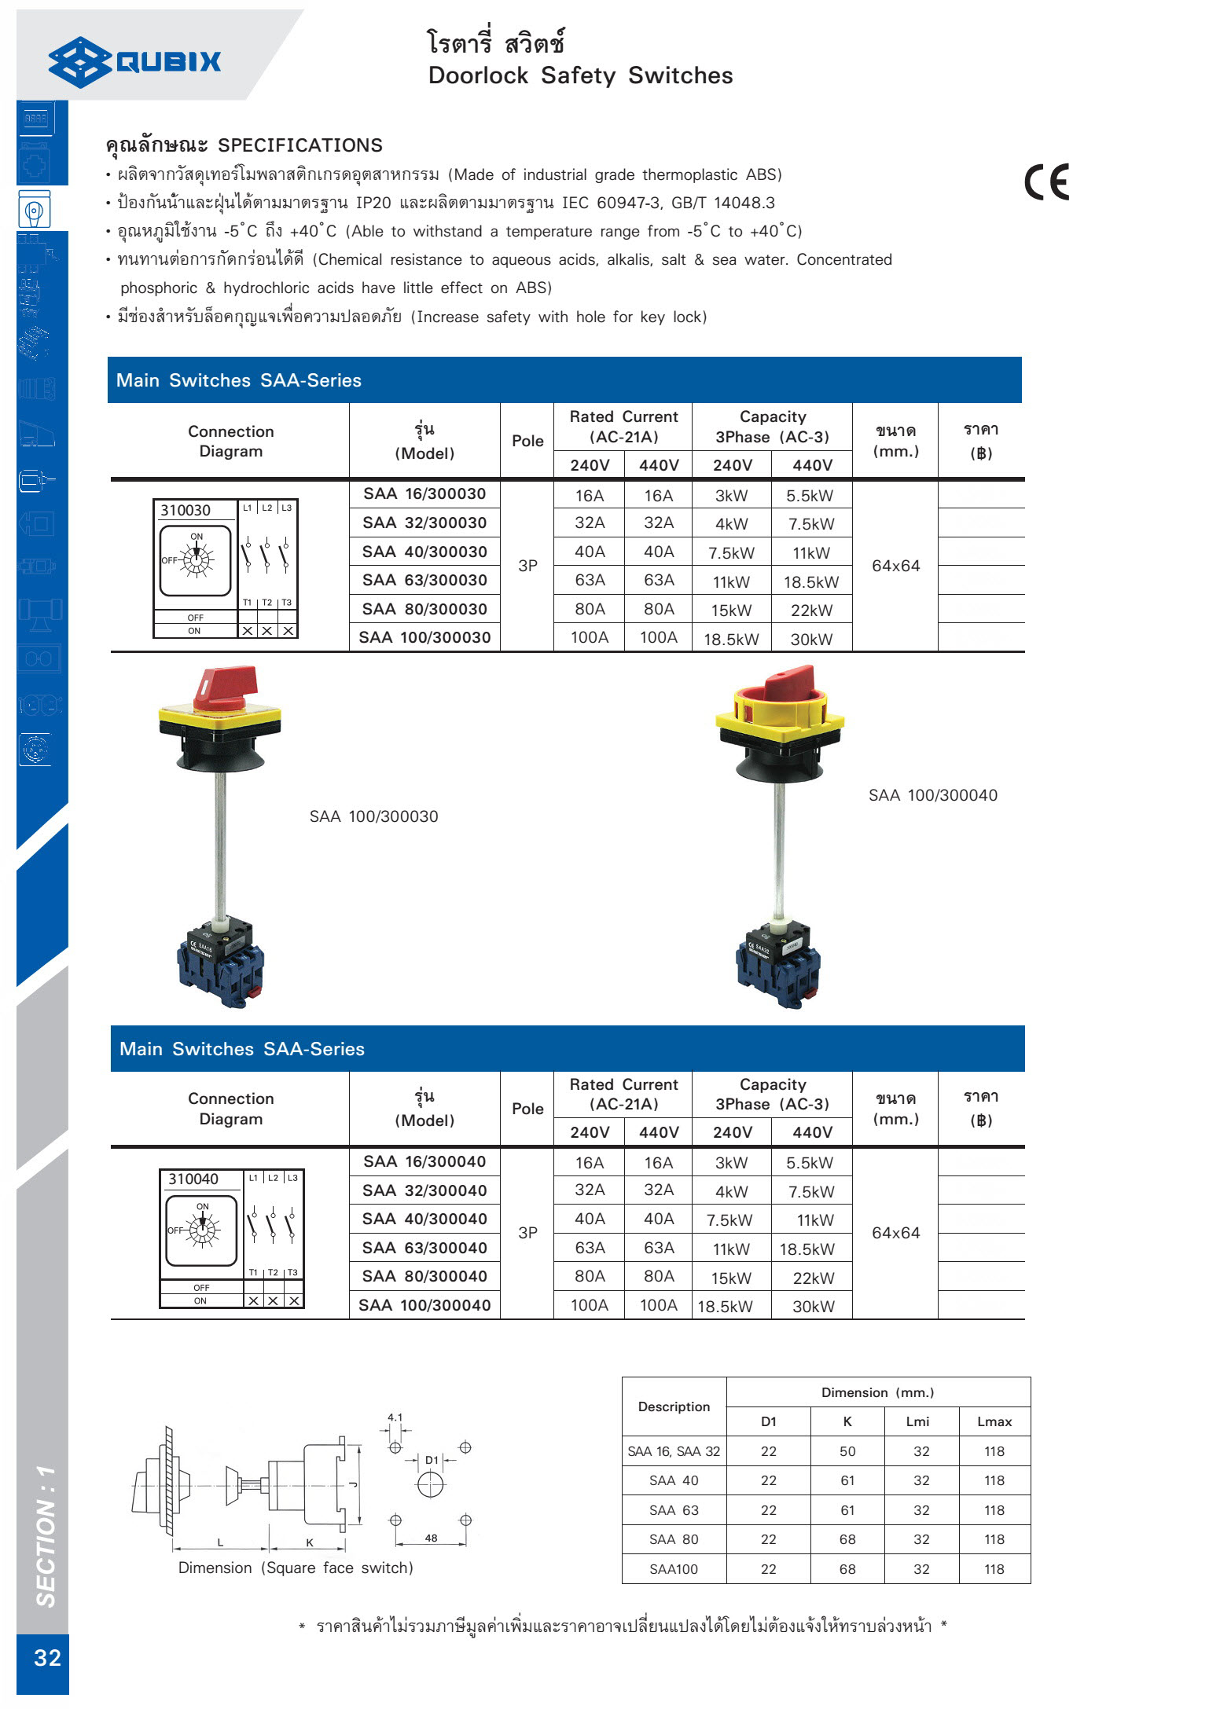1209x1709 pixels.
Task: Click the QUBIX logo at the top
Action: (135, 61)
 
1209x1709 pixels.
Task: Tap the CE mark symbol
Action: (1046, 182)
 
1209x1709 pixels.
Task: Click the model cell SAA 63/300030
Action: (424, 581)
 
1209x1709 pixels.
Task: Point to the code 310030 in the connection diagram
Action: (186, 511)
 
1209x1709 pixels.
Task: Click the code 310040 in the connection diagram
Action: (193, 1179)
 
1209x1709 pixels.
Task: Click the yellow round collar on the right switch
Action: (778, 706)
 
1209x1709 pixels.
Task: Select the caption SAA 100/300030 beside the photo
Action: (373, 816)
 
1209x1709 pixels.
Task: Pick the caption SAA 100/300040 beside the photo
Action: (932, 795)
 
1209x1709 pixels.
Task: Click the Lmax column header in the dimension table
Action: (994, 1421)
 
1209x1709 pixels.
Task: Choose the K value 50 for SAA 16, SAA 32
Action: (847, 1451)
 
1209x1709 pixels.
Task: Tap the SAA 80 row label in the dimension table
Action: (674, 1539)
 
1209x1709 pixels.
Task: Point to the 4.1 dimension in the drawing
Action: (395, 1417)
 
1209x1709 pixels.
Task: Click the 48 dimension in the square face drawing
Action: (431, 1538)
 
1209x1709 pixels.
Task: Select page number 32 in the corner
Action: (47, 1657)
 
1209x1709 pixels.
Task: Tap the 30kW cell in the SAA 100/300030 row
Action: (811, 640)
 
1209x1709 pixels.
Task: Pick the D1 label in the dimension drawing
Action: (432, 1460)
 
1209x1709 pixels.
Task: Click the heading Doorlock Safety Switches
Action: (580, 75)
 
